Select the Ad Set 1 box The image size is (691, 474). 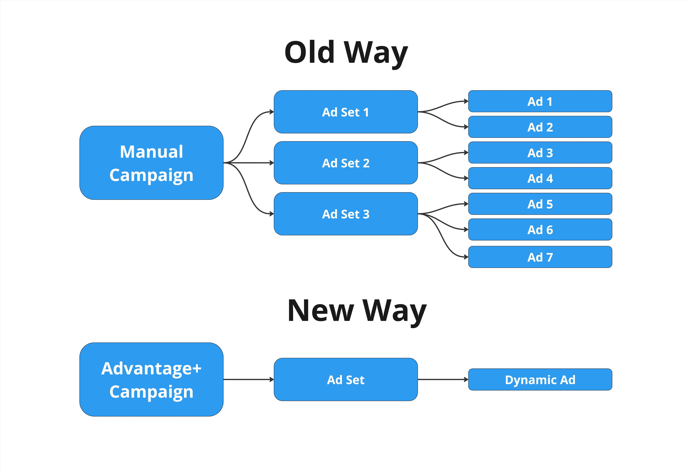pos(345,112)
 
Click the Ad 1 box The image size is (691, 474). pos(540,101)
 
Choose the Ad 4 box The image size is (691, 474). pos(540,178)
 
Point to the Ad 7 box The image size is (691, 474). pos(540,257)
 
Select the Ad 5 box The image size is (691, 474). pos(540,204)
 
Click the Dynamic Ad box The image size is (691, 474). pos(540,380)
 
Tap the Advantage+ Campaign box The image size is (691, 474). pos(151,380)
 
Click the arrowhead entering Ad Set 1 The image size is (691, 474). pos(272,112)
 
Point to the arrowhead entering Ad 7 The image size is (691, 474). pos(466,257)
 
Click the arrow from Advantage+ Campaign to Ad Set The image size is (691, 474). pos(248,380)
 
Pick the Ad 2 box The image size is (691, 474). pos(540,127)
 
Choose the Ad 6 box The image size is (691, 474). pos(540,230)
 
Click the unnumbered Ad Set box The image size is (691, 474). pos(345,380)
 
